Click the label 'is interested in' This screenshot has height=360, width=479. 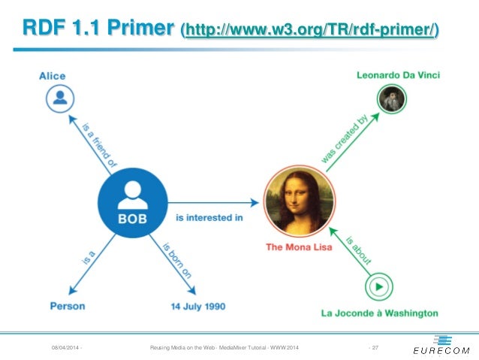(x=209, y=218)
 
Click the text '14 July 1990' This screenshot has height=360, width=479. (x=197, y=306)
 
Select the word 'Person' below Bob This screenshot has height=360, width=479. (x=68, y=306)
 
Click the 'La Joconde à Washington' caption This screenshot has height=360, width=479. (x=379, y=313)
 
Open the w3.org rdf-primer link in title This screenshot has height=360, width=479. (x=310, y=31)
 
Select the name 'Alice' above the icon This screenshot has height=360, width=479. (x=53, y=75)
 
